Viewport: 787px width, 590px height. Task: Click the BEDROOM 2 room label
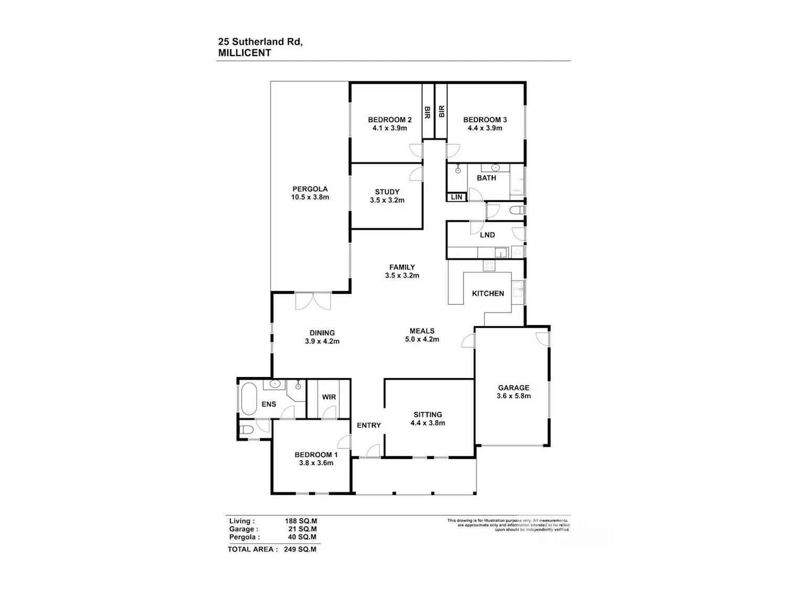click(x=389, y=120)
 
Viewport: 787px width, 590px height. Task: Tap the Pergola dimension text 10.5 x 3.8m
click(x=310, y=197)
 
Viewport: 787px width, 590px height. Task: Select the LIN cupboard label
click(x=456, y=197)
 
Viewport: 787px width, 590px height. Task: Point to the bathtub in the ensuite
click(x=249, y=399)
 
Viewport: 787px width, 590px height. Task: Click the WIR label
click(x=329, y=397)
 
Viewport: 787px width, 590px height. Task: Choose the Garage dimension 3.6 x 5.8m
click(x=514, y=396)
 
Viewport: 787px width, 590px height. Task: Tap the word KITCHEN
click(x=487, y=293)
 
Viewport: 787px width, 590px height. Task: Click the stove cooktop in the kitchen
click(x=489, y=265)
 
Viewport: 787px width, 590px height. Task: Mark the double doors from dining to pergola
click(x=313, y=301)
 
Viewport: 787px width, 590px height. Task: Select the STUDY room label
click(x=387, y=192)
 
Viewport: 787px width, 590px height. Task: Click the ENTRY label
click(x=369, y=425)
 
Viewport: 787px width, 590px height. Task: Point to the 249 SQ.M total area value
click(x=300, y=549)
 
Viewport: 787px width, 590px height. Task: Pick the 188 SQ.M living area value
click(x=301, y=521)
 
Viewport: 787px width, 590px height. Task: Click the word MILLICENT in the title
click(x=244, y=52)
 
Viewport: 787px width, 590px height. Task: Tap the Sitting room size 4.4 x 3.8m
click(x=428, y=423)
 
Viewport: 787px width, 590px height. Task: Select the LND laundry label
click(x=487, y=235)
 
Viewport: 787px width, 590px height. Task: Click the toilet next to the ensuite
click(x=247, y=429)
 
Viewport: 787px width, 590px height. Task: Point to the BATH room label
click(x=486, y=178)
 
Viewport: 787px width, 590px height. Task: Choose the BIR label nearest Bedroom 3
click(x=441, y=111)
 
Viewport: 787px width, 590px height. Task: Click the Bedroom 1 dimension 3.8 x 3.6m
click(x=316, y=463)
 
